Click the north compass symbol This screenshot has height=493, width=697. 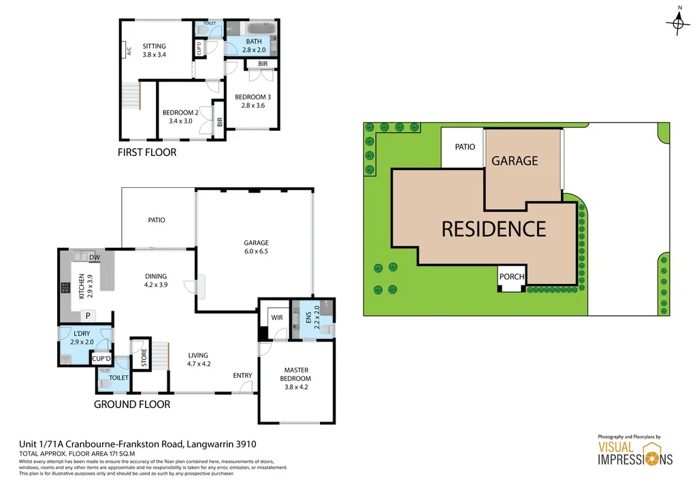[x=677, y=23]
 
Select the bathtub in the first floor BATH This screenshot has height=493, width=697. [x=258, y=29]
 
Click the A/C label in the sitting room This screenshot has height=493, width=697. [x=129, y=49]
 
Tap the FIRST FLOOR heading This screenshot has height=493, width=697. [x=147, y=153]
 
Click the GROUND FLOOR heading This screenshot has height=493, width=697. [x=131, y=404]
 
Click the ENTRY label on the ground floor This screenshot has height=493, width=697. [x=242, y=375]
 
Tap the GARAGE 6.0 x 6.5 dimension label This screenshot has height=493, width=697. [x=257, y=246]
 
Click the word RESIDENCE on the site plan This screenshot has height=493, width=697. [x=493, y=229]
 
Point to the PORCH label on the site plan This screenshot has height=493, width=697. [x=512, y=277]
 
